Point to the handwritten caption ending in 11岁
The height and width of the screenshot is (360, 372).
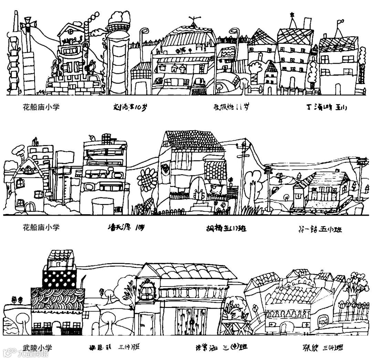pos(230,107)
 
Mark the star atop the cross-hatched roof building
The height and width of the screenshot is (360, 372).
pos(292,14)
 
